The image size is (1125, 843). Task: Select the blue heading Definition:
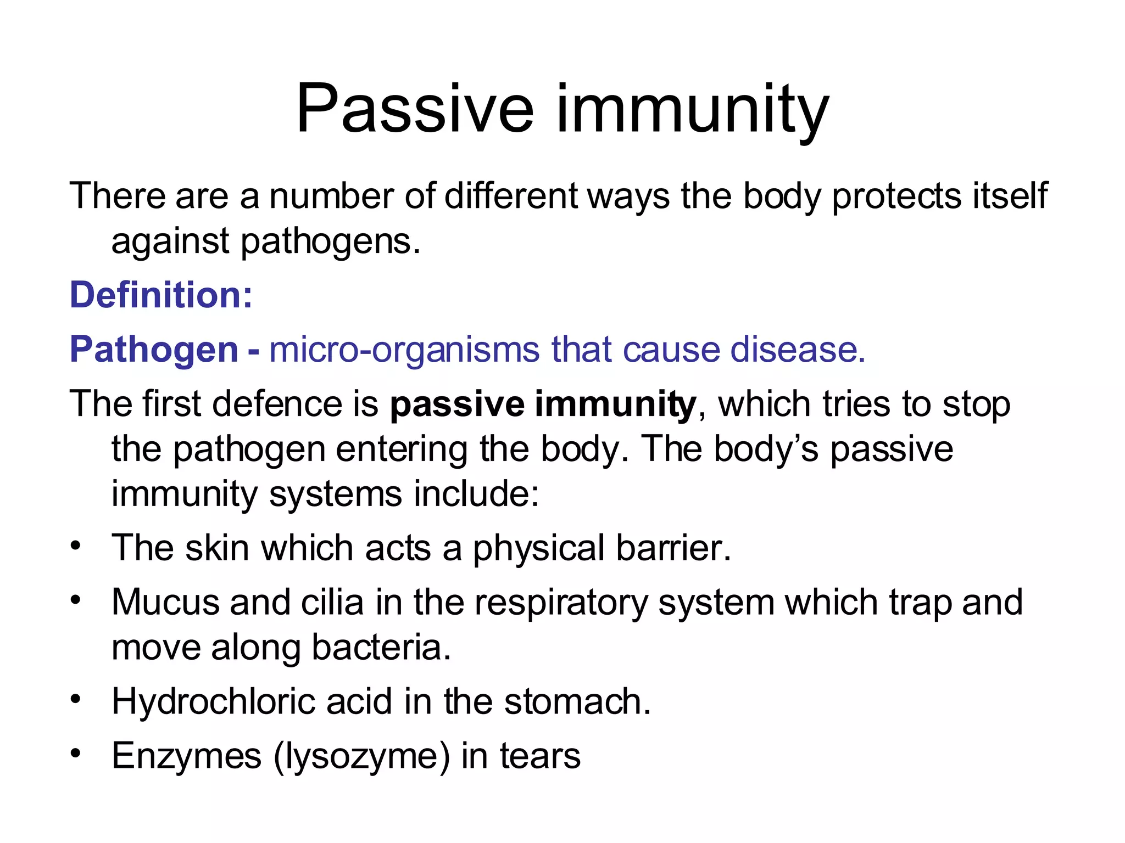click(161, 295)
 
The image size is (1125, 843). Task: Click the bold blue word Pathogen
click(154, 350)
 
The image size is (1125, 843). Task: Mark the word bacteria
click(381, 647)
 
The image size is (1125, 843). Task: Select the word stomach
click(577, 701)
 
